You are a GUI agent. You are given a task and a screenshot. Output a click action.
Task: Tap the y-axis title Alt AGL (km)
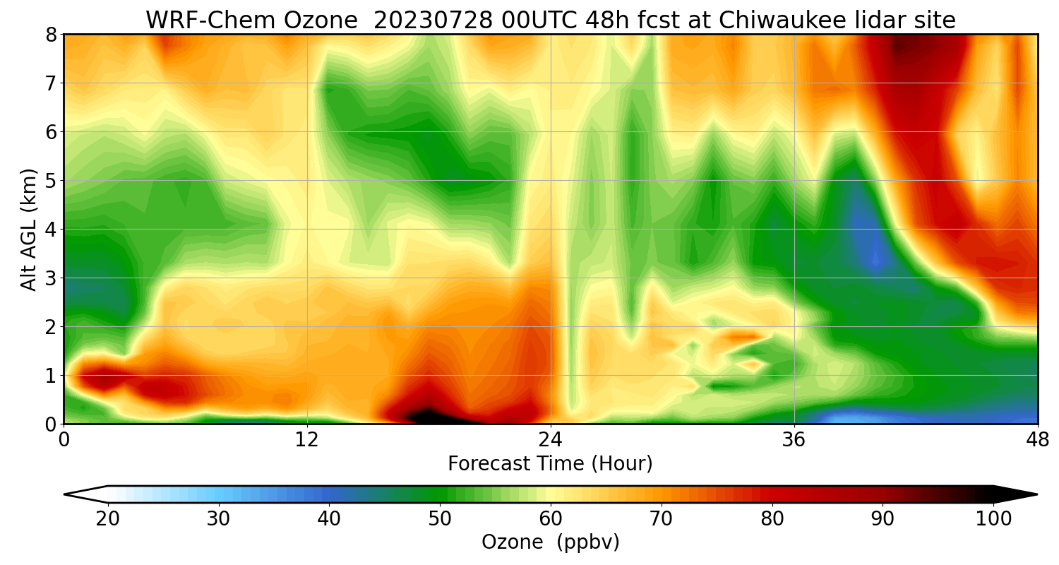click(x=29, y=229)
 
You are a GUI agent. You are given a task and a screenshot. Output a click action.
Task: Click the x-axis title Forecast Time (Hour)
click(x=550, y=464)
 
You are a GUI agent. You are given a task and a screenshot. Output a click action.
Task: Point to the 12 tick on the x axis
click(x=307, y=439)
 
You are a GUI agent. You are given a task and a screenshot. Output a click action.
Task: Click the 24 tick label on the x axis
click(x=550, y=439)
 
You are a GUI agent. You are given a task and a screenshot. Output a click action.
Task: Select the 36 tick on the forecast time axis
click(x=794, y=439)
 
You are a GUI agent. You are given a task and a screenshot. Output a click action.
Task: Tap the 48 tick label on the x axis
click(x=1037, y=439)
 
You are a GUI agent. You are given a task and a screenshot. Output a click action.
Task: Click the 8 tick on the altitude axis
click(x=50, y=35)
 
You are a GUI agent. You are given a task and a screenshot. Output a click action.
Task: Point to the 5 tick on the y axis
click(x=50, y=181)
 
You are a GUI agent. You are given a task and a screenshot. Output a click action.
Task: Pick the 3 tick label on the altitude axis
click(x=50, y=278)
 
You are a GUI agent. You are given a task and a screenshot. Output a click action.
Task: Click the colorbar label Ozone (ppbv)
click(x=550, y=542)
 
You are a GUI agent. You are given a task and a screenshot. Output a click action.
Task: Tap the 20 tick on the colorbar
click(x=108, y=519)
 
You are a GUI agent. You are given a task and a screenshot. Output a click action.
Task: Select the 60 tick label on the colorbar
click(x=551, y=519)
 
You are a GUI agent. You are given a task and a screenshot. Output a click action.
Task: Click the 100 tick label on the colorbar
click(x=993, y=519)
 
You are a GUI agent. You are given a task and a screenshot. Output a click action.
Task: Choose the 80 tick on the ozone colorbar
click(x=772, y=519)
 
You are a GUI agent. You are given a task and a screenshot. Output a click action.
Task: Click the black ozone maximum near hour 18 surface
click(x=427, y=415)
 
